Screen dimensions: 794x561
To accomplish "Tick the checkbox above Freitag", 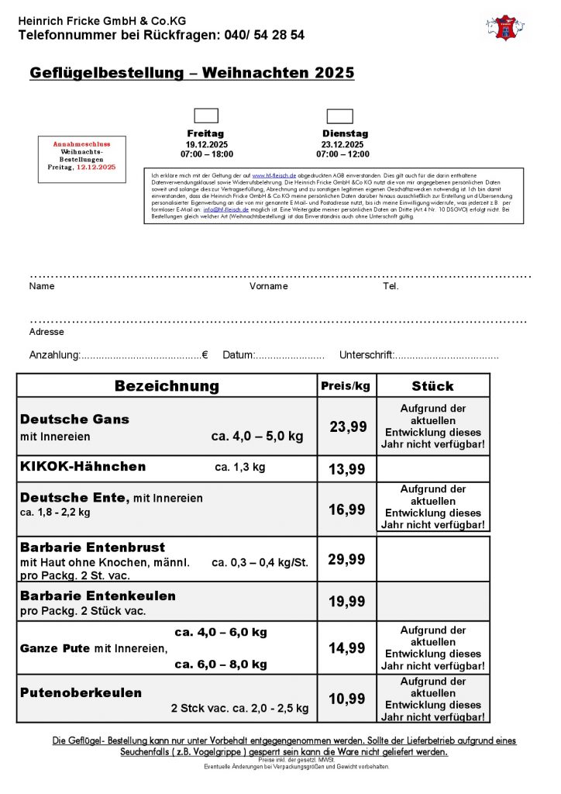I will pyautogui.click(x=205, y=116).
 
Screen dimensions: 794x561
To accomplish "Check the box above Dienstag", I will pyautogui.click(x=339, y=116).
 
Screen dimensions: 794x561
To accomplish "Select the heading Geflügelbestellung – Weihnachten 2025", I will pyautogui.click(x=191, y=73).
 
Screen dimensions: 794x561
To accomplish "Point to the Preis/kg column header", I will pyautogui.click(x=345, y=385).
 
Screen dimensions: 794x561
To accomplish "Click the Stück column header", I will pyautogui.click(x=432, y=385).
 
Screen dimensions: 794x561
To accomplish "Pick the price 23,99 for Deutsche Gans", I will pyautogui.click(x=347, y=426).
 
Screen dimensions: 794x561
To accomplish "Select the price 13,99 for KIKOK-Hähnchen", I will pyautogui.click(x=347, y=469).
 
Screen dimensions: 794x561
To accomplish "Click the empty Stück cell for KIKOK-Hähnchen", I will pyautogui.click(x=432, y=469).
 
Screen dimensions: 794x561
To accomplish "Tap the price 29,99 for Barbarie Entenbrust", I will pyautogui.click(x=347, y=559).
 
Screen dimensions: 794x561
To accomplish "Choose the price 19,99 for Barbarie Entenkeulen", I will pyautogui.click(x=347, y=602).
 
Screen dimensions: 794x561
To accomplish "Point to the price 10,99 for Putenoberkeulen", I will pyautogui.click(x=347, y=699).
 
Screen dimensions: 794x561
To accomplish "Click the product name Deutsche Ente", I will pyautogui.click(x=74, y=497).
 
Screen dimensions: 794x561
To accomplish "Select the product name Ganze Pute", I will pyautogui.click(x=56, y=648).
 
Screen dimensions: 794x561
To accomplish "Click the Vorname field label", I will pyautogui.click(x=268, y=286).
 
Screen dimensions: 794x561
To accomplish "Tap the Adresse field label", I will pyautogui.click(x=46, y=332).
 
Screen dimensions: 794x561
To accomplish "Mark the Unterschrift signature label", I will pyautogui.click(x=367, y=355).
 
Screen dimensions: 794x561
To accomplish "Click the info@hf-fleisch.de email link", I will pyautogui.click(x=227, y=209).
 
